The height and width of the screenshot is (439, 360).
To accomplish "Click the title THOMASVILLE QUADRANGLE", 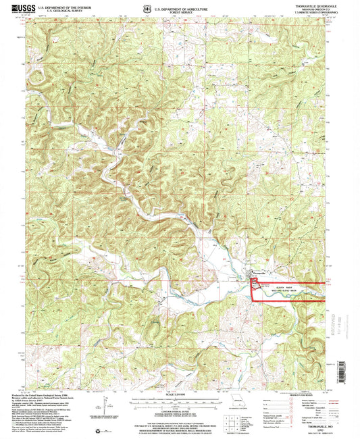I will [x=303, y=6].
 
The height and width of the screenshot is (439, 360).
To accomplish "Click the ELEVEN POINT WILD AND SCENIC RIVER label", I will [x=269, y=285].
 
